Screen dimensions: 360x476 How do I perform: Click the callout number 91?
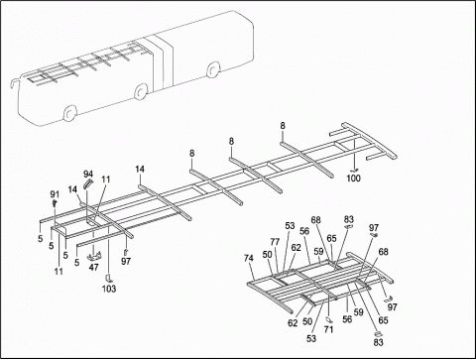pos(55,193)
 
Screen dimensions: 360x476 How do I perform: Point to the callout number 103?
pos(108,289)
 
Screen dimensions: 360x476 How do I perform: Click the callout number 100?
pos(354,178)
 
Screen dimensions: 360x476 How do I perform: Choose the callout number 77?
pos(275,242)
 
